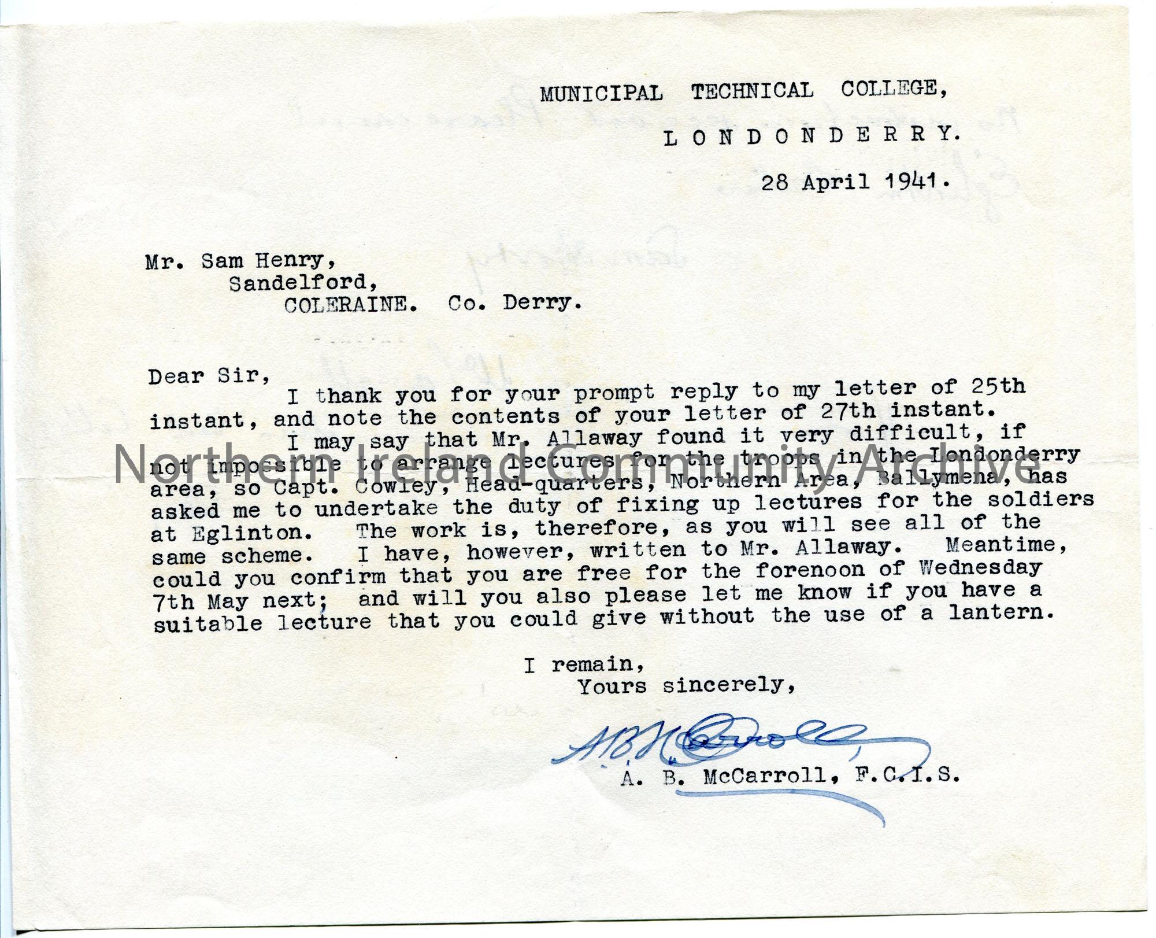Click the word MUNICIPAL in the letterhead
(x=601, y=94)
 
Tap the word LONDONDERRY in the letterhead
(x=812, y=136)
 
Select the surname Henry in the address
(x=295, y=261)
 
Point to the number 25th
(x=997, y=386)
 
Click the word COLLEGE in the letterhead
(x=893, y=89)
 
